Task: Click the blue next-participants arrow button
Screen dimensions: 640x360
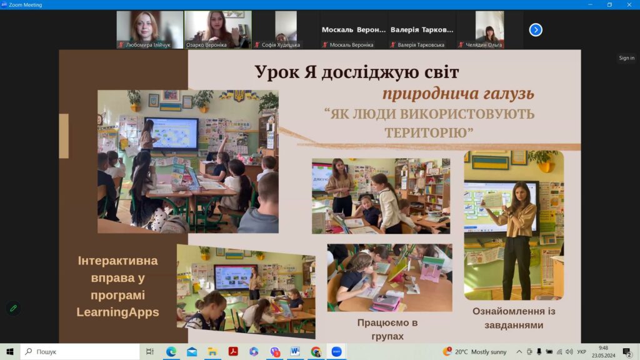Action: (x=536, y=30)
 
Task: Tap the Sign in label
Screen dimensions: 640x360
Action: (x=626, y=58)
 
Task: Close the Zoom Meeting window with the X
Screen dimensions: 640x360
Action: (x=629, y=4)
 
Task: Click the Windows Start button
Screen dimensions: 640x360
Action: (x=10, y=351)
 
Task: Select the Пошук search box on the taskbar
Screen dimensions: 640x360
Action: (x=80, y=351)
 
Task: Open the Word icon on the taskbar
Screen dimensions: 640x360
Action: (x=295, y=351)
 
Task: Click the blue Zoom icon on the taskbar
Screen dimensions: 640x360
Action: (x=336, y=351)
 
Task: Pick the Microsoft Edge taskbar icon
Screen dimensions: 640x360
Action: (x=171, y=351)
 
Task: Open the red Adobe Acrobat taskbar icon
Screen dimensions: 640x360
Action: (x=233, y=351)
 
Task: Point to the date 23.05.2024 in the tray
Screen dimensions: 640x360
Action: (x=603, y=356)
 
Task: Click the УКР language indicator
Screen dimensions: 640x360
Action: (x=582, y=352)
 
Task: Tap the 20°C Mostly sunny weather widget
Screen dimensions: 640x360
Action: (x=475, y=351)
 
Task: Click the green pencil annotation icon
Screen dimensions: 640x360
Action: (x=14, y=308)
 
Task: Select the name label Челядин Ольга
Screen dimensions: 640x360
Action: (x=484, y=45)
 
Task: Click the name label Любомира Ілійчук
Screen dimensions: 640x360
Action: (x=147, y=45)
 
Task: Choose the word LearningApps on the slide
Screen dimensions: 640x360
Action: (x=117, y=312)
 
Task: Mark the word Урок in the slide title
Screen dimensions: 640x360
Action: (x=277, y=72)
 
